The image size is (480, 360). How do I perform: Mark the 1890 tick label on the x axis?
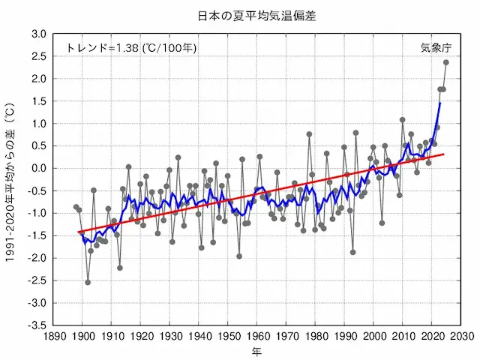coord(53,337)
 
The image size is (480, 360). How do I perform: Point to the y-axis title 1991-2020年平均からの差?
coord(11,180)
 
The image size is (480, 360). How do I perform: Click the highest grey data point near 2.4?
coord(446,62)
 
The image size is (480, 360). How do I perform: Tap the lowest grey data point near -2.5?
coord(88,282)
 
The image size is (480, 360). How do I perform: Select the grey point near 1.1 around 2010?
coord(403,119)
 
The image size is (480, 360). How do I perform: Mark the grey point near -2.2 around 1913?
coord(120,268)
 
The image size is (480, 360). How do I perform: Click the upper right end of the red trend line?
coord(443,154)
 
